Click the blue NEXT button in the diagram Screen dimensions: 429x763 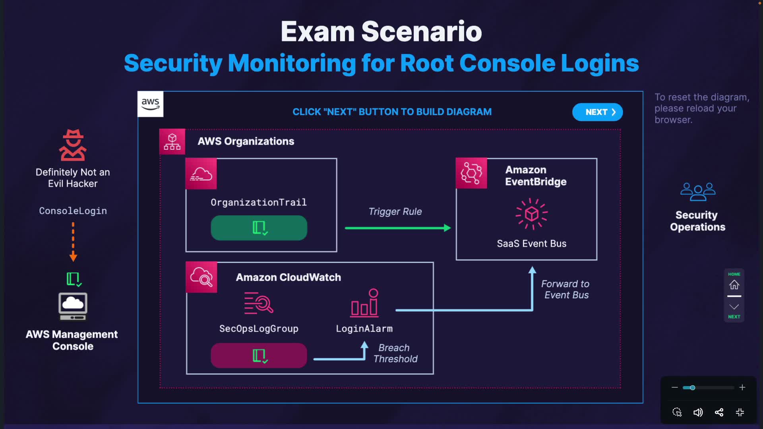pos(597,112)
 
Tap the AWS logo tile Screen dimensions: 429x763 pos(150,104)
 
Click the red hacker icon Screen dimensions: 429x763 pos(73,145)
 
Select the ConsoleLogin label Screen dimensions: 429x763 pos(73,211)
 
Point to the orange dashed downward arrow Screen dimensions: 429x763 pos(73,242)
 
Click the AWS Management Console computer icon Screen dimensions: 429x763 pos(73,306)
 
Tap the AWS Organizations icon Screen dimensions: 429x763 pos(172,141)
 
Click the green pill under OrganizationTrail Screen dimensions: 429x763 pos(259,228)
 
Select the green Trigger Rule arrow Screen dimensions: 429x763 pos(397,228)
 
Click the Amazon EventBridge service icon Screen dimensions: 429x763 pos(471,173)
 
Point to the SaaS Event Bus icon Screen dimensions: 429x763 pos(531,214)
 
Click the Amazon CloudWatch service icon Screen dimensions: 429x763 pos(201,277)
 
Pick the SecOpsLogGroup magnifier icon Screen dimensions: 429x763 pos(259,303)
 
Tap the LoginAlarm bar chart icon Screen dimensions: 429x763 pos(364,303)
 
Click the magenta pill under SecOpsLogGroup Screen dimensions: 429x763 pos(259,356)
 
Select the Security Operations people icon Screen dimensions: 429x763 pos(698,191)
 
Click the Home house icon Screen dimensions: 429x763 pos(734,284)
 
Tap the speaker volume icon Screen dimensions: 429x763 pos(698,412)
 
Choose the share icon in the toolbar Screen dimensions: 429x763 pos(719,412)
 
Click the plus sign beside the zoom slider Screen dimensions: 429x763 pos(742,387)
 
